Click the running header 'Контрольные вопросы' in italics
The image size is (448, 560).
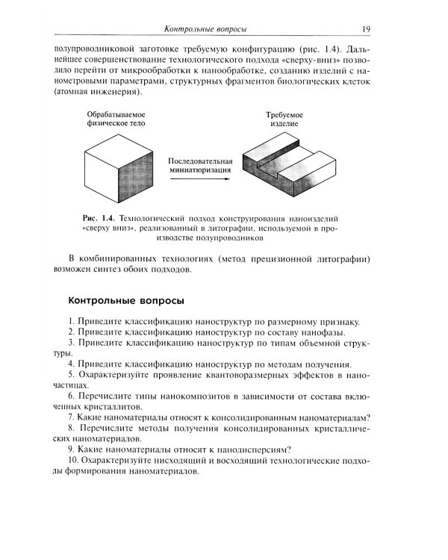205,29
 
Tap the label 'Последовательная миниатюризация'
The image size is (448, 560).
199,165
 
